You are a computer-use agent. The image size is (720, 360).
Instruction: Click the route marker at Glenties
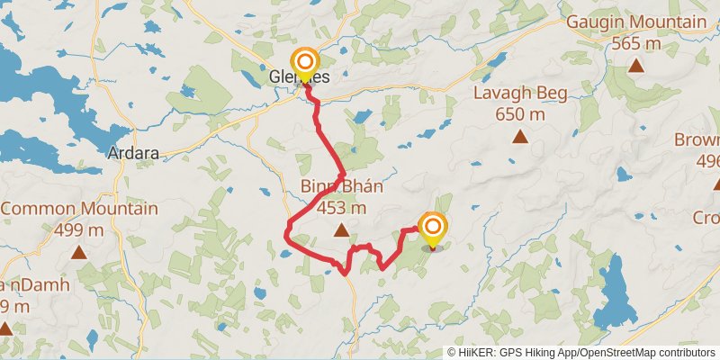(306, 63)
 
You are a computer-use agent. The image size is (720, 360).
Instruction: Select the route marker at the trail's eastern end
(433, 228)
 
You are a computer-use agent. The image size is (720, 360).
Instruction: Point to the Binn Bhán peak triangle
(341, 231)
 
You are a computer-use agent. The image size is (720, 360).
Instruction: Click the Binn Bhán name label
(342, 188)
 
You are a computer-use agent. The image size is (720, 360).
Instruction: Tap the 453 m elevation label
(342, 208)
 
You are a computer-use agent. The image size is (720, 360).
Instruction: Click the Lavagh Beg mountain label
(520, 94)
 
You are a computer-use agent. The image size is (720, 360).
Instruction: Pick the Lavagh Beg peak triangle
(520, 137)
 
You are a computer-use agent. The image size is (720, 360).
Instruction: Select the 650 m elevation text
(520, 114)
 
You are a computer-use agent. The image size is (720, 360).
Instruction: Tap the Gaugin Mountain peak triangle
(636, 65)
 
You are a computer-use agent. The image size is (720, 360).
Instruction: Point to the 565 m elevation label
(636, 42)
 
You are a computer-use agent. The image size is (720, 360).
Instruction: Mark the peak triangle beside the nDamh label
(4, 329)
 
